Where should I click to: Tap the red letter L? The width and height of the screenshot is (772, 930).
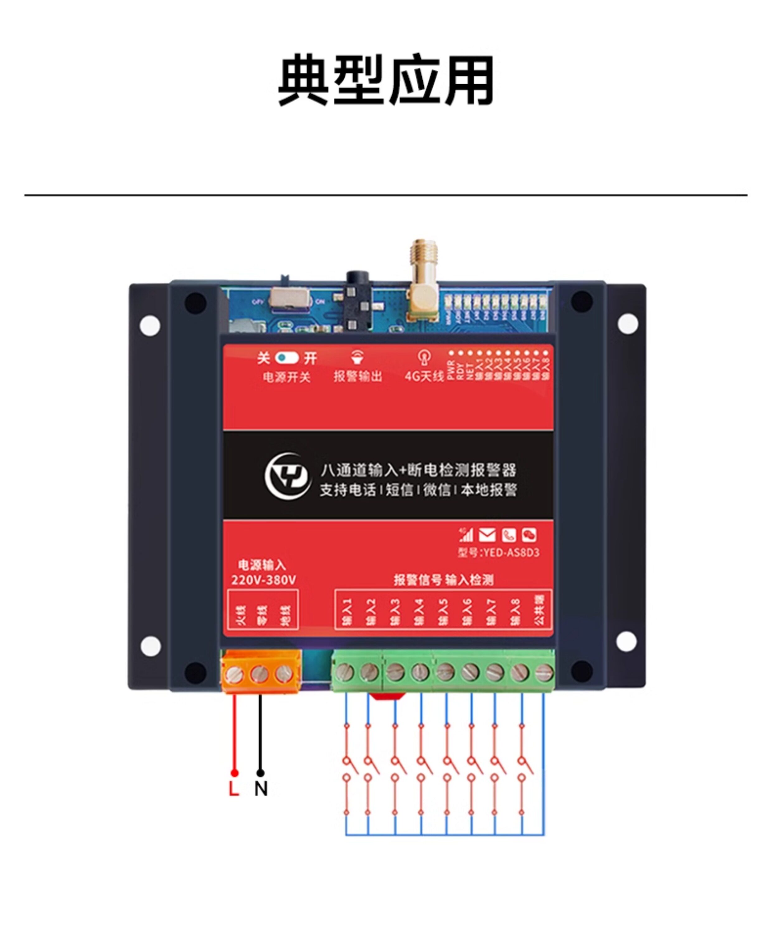tap(234, 789)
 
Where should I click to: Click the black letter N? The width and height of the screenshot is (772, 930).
tap(261, 789)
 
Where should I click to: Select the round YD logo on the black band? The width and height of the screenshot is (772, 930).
tap(287, 476)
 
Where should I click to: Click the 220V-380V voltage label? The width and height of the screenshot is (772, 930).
tap(264, 580)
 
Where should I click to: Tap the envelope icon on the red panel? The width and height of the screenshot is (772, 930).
tap(487, 535)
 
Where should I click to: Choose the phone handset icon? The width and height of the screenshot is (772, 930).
tap(508, 535)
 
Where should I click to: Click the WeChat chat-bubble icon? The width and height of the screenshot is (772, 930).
tap(529, 535)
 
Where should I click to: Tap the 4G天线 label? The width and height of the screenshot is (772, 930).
tap(424, 376)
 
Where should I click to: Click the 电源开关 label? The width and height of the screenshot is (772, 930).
tap(287, 377)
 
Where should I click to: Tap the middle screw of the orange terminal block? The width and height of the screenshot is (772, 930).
tap(259, 675)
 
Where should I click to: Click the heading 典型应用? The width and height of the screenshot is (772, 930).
tap(386, 80)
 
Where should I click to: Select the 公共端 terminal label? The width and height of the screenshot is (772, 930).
tap(539, 610)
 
